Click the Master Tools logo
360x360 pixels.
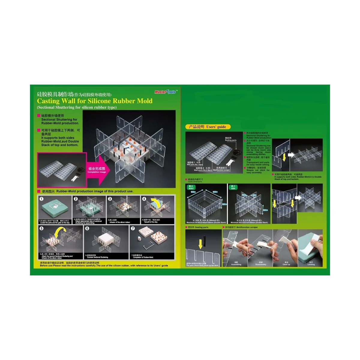pos(166,92)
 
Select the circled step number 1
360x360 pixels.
pos(42,199)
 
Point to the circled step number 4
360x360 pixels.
pos(144,199)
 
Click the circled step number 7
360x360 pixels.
pos(133,229)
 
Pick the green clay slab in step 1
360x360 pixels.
pos(54,208)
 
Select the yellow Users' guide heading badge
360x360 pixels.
pos(208,127)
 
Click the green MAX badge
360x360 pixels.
pos(191,187)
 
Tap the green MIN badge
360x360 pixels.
pos(233,187)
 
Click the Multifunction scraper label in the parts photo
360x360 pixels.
pos(221,169)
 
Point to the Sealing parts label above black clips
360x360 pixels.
pos(230,139)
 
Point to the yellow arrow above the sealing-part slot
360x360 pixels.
pos(200,244)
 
